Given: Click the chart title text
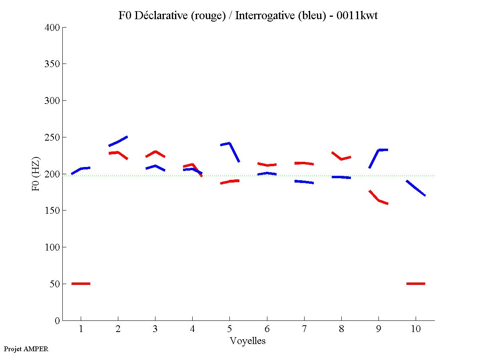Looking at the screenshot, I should (x=248, y=16).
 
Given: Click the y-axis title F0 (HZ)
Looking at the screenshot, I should (x=36, y=174).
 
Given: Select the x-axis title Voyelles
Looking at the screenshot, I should (x=248, y=341).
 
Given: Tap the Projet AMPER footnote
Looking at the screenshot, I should (x=26, y=349).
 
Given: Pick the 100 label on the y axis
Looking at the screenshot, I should (x=52, y=247).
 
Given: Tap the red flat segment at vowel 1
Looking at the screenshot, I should (x=81, y=283).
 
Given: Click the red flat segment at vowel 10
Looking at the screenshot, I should (x=416, y=283).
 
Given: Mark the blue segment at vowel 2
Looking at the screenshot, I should (x=118, y=141).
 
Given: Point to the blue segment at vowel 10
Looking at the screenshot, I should (x=416, y=188).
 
